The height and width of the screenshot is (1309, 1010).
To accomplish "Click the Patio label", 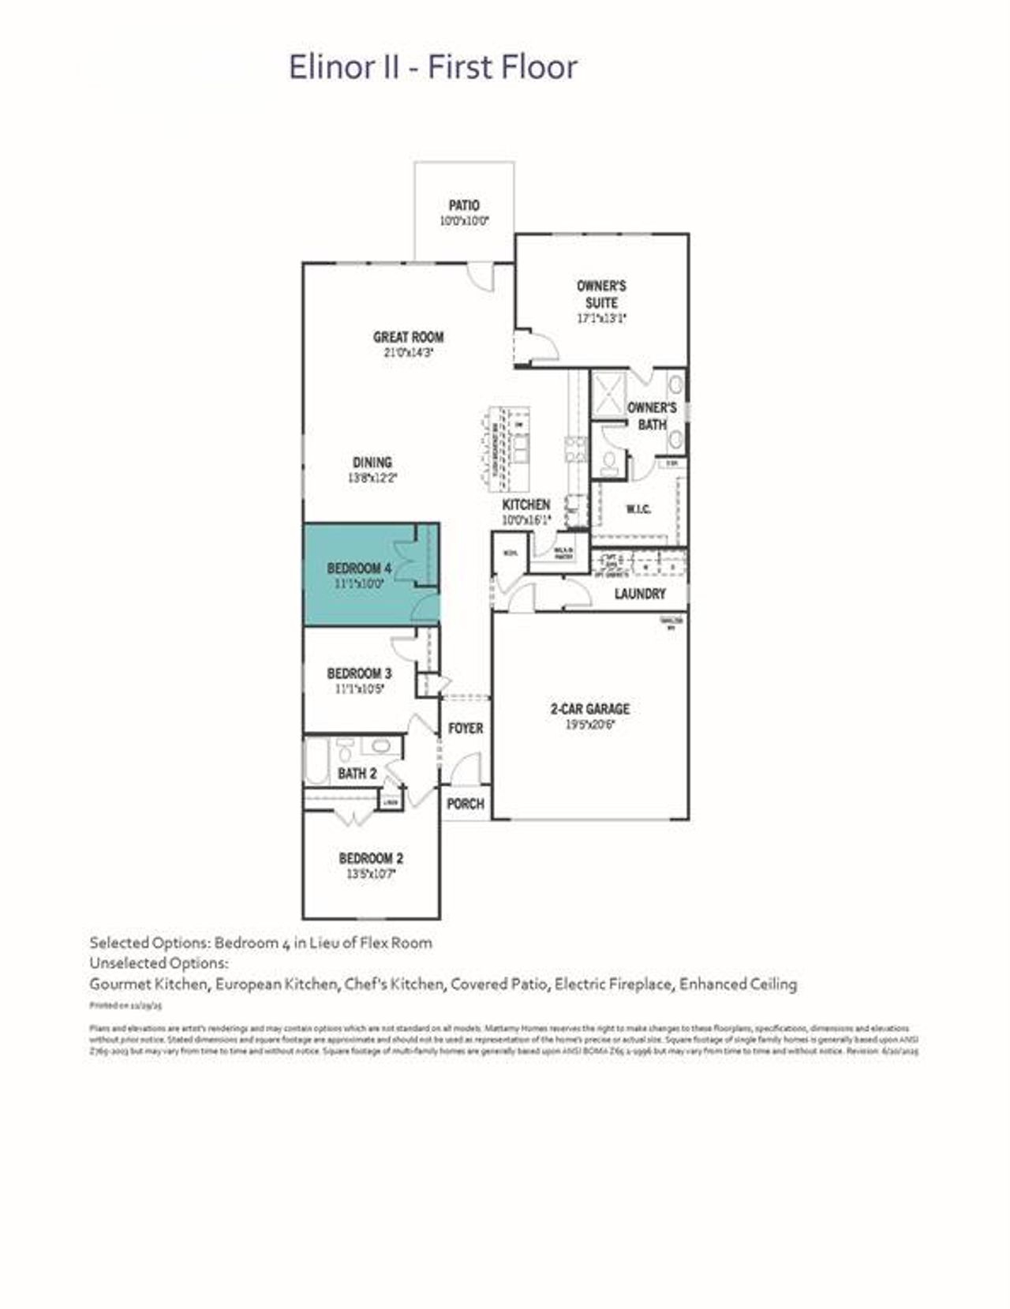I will pyautogui.click(x=464, y=205).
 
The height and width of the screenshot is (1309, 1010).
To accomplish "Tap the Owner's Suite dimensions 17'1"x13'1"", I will pyautogui.click(x=602, y=319).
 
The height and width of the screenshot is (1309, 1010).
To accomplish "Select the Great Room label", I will pyautogui.click(x=408, y=337).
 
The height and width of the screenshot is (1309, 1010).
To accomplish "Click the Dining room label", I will pyautogui.click(x=372, y=463).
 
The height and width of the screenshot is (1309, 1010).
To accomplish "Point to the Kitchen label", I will pyautogui.click(x=526, y=504).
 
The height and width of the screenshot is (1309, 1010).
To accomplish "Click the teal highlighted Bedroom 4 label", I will pyautogui.click(x=359, y=568).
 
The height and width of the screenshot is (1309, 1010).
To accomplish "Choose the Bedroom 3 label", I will pyautogui.click(x=359, y=673).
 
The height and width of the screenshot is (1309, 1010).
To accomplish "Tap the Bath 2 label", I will pyautogui.click(x=357, y=774).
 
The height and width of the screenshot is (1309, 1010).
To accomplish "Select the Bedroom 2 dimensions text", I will pyautogui.click(x=371, y=874).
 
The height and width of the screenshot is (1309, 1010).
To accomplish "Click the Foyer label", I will pyautogui.click(x=465, y=728).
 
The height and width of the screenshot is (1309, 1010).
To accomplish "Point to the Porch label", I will pyautogui.click(x=465, y=804).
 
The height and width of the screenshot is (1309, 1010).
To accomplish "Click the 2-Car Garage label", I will pyautogui.click(x=589, y=709).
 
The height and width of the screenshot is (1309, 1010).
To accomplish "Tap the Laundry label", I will pyautogui.click(x=640, y=594).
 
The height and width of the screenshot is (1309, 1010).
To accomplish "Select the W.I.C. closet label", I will pyautogui.click(x=638, y=509).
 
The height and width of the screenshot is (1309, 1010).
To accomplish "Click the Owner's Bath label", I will pyautogui.click(x=652, y=416).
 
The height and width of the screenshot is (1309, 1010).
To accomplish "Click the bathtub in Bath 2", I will pyautogui.click(x=316, y=761).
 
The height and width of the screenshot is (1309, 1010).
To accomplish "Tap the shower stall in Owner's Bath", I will pyautogui.click(x=608, y=393).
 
